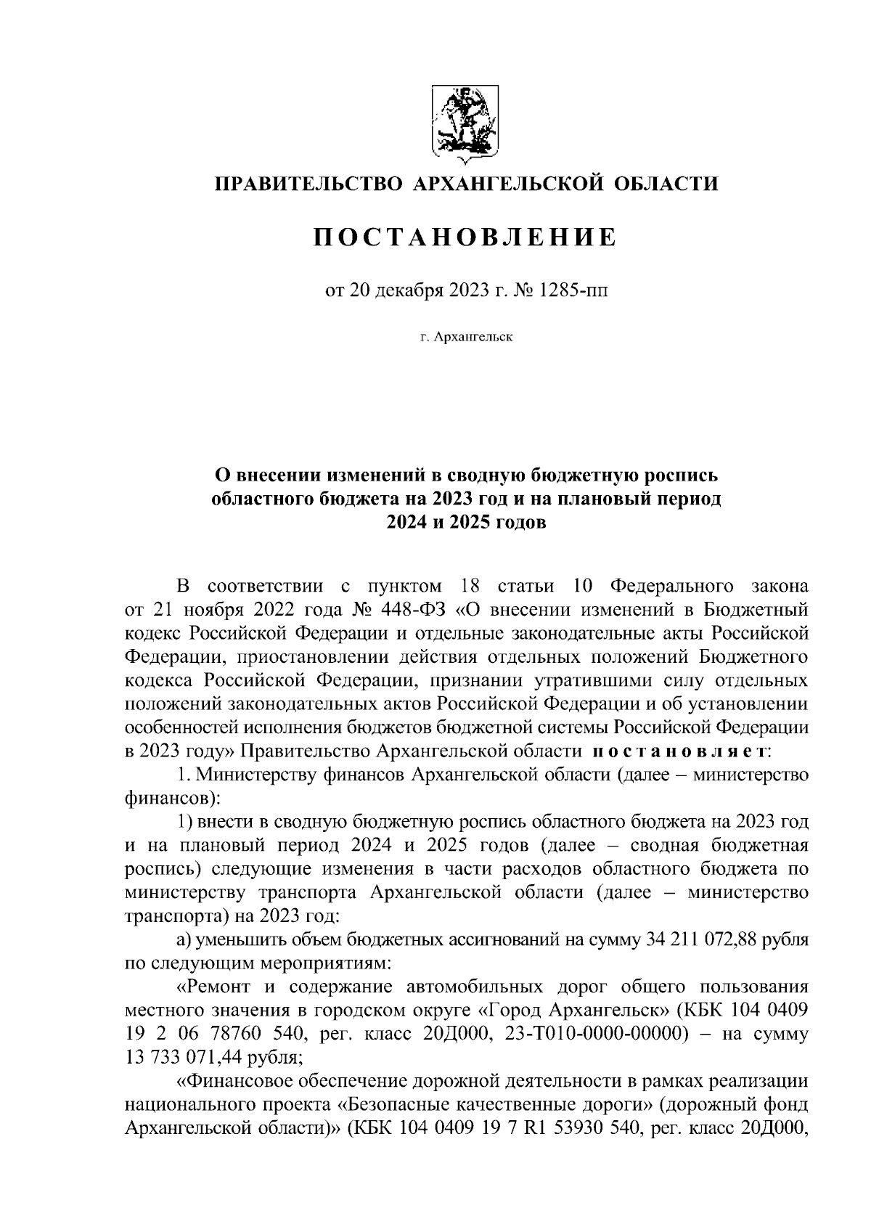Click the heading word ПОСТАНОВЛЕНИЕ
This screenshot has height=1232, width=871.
point(465,237)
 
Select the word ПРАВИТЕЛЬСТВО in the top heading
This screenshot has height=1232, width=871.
point(308,184)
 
